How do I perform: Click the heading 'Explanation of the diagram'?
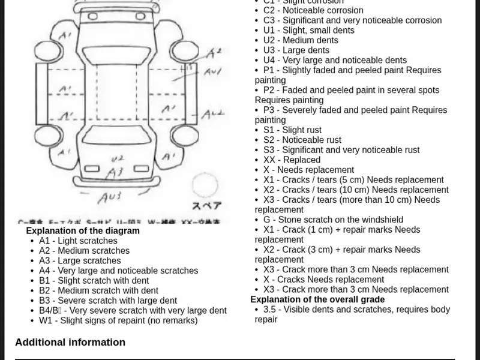click(x=83, y=231)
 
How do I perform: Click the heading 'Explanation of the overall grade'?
click(x=317, y=299)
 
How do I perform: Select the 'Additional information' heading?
click(x=70, y=343)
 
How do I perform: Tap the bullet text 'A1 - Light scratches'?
click(x=78, y=241)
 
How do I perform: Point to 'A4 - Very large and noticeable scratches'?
click(x=118, y=271)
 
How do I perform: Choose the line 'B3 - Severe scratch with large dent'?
click(x=108, y=301)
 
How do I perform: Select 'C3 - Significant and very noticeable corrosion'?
click(x=352, y=20)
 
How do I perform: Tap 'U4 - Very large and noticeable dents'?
click(x=335, y=60)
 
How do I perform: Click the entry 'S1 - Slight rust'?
click(x=292, y=130)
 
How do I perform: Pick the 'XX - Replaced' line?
click(x=292, y=160)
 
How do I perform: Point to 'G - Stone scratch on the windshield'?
click(x=333, y=220)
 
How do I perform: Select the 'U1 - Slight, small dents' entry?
click(x=309, y=30)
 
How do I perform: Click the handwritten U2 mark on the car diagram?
click(x=118, y=158)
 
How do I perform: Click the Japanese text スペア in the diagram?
click(x=206, y=205)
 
